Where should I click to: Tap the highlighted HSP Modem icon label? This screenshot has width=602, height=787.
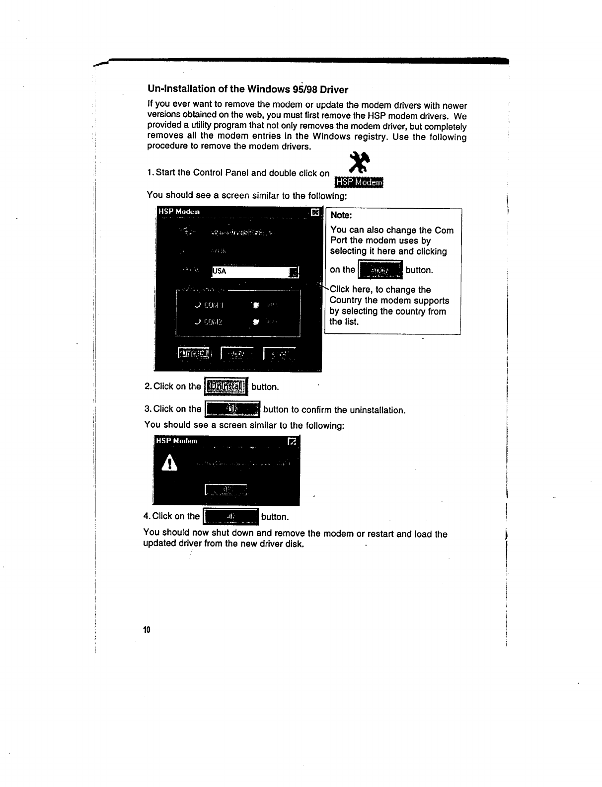click(x=359, y=183)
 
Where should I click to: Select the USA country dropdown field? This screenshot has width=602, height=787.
click(x=251, y=271)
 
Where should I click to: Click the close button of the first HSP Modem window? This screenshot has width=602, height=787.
click(x=314, y=213)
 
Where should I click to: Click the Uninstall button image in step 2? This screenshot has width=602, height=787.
click(x=226, y=387)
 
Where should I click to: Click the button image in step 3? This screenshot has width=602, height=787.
click(x=232, y=409)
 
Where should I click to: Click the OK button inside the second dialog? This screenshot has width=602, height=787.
click(x=226, y=490)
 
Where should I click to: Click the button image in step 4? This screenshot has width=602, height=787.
click(x=231, y=517)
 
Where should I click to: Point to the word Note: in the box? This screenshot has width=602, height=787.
click(x=341, y=215)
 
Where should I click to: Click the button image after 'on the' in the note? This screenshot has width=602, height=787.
click(x=380, y=270)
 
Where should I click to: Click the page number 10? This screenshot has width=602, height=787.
click(x=146, y=630)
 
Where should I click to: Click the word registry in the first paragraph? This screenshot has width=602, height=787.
click(x=370, y=137)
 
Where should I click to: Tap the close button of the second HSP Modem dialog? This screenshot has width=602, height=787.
click(x=293, y=441)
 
